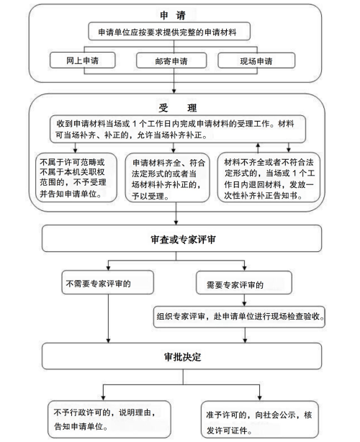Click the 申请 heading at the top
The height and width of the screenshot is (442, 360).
173,15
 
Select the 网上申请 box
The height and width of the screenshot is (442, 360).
83,60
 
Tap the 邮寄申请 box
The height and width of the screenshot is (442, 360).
171,60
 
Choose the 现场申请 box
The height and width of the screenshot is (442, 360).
256,60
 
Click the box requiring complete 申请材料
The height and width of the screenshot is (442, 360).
169,31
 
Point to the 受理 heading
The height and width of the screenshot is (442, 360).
178,108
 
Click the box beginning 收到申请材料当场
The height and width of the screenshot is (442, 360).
178,129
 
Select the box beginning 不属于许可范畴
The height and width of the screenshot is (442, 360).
76,178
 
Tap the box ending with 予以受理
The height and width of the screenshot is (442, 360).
168,178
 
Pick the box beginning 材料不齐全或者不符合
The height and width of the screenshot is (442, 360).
269,178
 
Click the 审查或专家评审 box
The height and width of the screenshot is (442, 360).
182,238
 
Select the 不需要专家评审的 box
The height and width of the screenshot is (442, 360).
108,282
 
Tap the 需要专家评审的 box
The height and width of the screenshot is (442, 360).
244,283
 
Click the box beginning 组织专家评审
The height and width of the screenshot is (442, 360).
239,317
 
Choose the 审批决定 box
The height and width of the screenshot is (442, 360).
182,356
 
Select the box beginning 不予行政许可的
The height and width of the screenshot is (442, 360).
109,419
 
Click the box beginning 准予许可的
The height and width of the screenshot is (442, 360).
260,420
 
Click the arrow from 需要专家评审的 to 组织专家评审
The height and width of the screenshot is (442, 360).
244,300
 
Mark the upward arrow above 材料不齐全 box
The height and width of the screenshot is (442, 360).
258,148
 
